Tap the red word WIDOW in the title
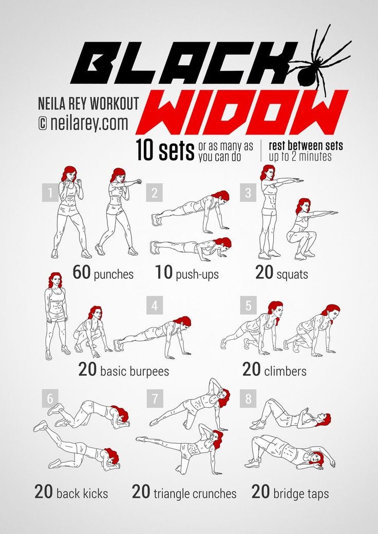click(242, 112)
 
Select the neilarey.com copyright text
click(83, 123)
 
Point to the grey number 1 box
click(50, 193)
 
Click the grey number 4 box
click(155, 305)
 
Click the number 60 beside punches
click(81, 273)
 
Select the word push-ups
click(197, 275)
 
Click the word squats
click(292, 275)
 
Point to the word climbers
click(285, 371)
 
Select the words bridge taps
click(301, 494)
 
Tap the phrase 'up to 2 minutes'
click(300, 157)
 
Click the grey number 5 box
click(248, 305)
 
